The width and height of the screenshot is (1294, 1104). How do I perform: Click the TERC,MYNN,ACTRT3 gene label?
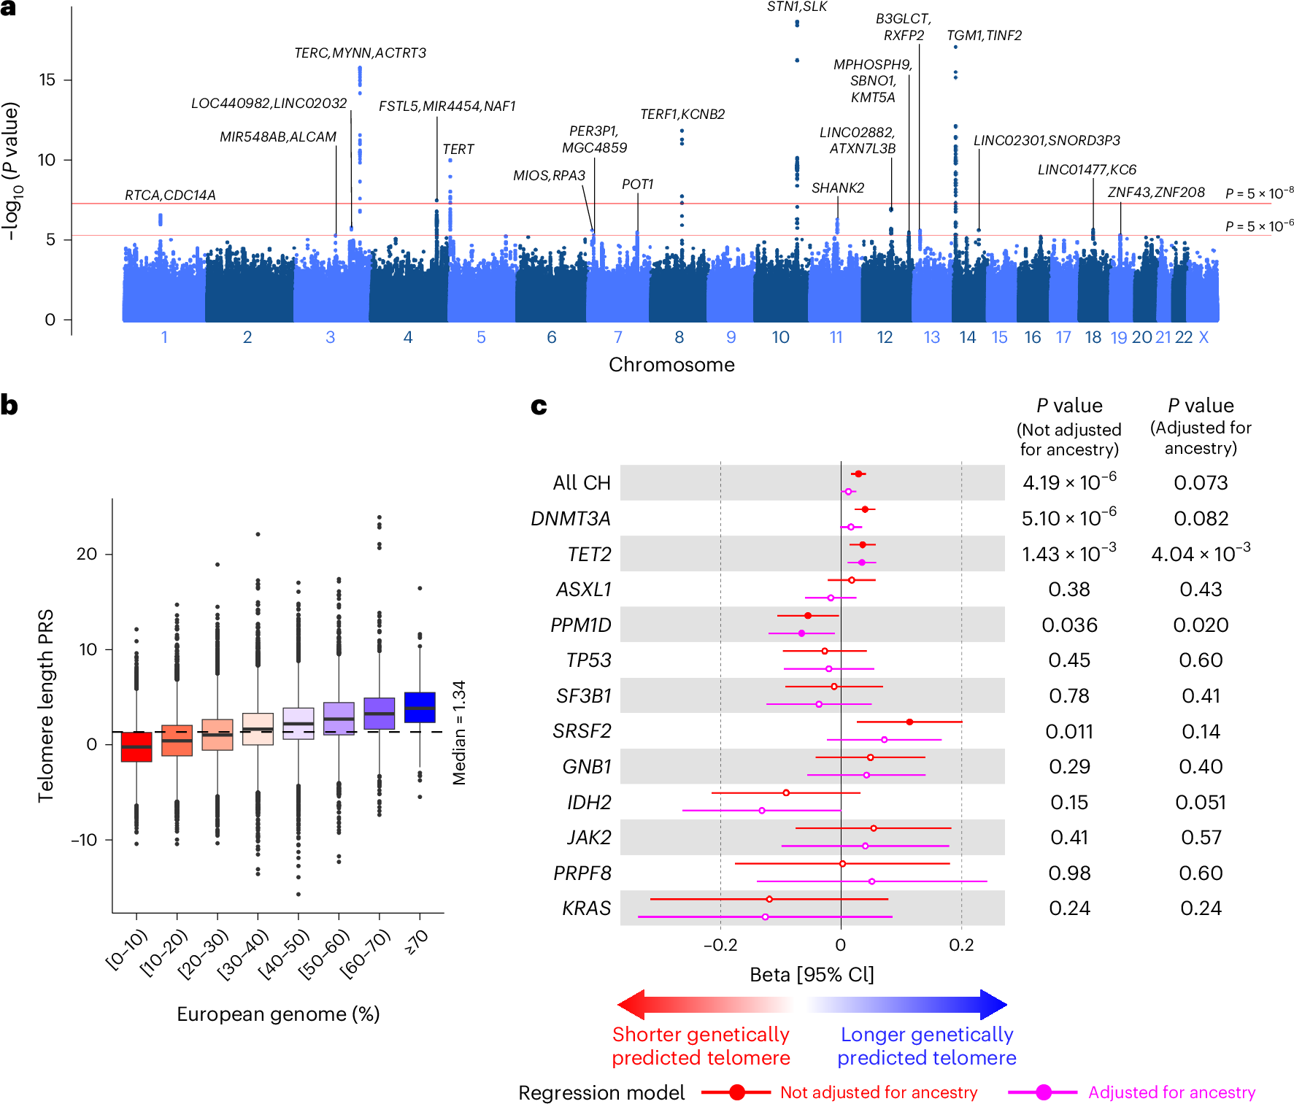coord(360,53)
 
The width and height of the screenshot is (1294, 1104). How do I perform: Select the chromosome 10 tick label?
coord(780,337)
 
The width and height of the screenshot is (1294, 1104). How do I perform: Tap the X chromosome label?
coord(1204,337)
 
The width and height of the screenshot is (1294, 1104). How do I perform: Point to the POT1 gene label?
coord(637,185)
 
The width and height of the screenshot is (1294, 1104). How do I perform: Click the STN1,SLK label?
coord(797,7)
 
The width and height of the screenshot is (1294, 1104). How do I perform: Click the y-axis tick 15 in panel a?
coord(47,80)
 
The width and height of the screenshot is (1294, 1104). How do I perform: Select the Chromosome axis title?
coord(671,365)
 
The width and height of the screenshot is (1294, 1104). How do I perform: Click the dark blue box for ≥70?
coord(420,707)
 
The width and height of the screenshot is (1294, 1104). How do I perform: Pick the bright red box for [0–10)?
coord(136,746)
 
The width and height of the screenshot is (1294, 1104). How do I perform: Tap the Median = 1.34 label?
coord(459,733)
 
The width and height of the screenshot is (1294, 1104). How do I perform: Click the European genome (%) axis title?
coord(278,1014)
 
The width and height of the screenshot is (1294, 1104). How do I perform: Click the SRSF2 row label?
coord(582,731)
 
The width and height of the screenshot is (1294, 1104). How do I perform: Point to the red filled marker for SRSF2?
coord(909,722)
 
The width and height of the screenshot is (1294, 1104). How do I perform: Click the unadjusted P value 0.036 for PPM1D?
coord(1069,625)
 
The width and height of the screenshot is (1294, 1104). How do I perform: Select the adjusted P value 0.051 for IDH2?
coord(1201,803)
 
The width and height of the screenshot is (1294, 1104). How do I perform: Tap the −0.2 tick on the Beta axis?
coord(720,945)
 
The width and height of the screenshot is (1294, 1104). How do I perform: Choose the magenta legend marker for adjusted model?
coord(1044,1092)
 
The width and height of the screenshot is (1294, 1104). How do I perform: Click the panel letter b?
coord(9,406)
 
